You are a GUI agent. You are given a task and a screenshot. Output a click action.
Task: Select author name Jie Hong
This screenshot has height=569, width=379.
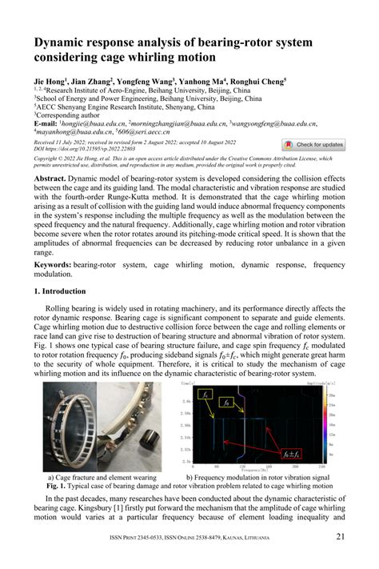50,82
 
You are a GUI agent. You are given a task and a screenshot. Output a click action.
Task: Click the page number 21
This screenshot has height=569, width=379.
340,537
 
